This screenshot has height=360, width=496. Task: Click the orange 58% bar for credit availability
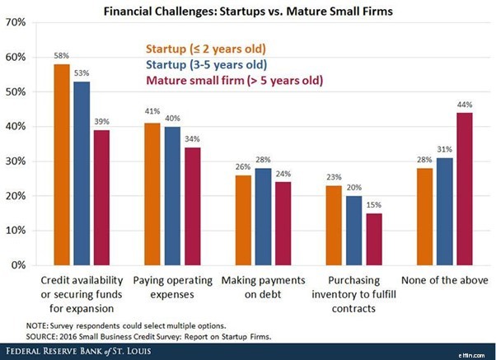click(61, 165)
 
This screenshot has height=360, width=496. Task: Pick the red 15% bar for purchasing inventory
click(375, 239)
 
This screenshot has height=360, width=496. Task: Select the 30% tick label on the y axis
click(19, 161)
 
